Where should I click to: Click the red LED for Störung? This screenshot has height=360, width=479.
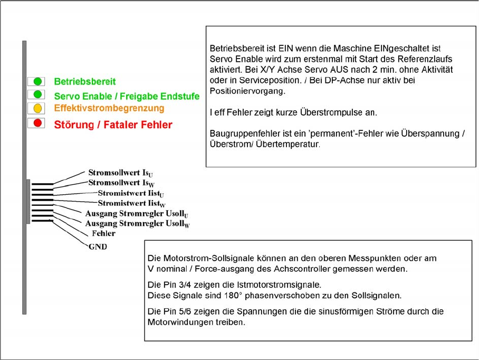(x=37, y=124)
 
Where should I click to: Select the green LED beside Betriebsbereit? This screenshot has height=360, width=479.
(x=37, y=81)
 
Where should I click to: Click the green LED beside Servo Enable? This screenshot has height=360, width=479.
(x=37, y=94)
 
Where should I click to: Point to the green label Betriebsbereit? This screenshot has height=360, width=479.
(x=84, y=82)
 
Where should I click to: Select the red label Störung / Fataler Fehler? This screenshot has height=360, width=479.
(x=113, y=125)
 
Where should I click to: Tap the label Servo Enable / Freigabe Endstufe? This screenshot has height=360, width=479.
(x=127, y=96)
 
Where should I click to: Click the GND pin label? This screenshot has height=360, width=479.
(x=98, y=247)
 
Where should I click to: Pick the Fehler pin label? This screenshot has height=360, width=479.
(x=103, y=233)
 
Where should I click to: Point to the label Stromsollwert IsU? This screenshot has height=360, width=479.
(x=121, y=173)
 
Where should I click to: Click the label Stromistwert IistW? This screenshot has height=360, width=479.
(x=131, y=203)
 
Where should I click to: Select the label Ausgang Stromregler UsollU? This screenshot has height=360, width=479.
(x=137, y=214)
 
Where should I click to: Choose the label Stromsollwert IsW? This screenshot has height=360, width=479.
(x=121, y=183)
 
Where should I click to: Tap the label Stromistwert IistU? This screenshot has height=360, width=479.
(x=131, y=193)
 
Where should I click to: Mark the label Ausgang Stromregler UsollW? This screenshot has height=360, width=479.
(x=137, y=224)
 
